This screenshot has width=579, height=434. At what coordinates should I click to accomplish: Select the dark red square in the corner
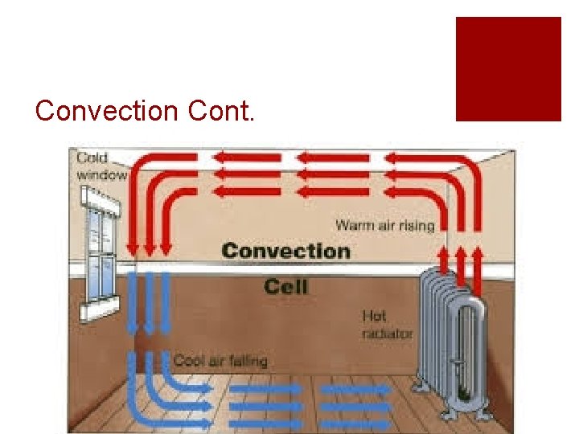(508, 69)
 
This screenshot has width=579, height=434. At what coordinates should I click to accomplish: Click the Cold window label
(102, 166)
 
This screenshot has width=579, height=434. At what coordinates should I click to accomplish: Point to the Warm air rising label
(384, 225)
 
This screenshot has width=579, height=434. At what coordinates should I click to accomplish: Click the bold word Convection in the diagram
(286, 251)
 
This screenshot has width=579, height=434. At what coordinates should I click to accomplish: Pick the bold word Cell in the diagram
(286, 285)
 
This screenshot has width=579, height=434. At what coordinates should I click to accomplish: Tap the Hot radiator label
(387, 325)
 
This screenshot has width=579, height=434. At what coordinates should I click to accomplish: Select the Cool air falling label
(220, 361)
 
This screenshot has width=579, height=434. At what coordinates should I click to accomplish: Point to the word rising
(416, 225)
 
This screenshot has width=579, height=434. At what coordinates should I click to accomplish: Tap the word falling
(247, 361)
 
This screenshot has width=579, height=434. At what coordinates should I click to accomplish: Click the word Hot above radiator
(375, 317)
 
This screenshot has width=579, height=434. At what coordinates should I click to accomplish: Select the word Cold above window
(92, 158)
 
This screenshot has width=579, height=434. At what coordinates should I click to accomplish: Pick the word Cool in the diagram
(190, 361)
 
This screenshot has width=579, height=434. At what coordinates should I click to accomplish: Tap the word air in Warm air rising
(384, 225)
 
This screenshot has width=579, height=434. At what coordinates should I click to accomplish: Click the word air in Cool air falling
(216, 361)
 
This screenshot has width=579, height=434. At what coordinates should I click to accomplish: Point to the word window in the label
(102, 174)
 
